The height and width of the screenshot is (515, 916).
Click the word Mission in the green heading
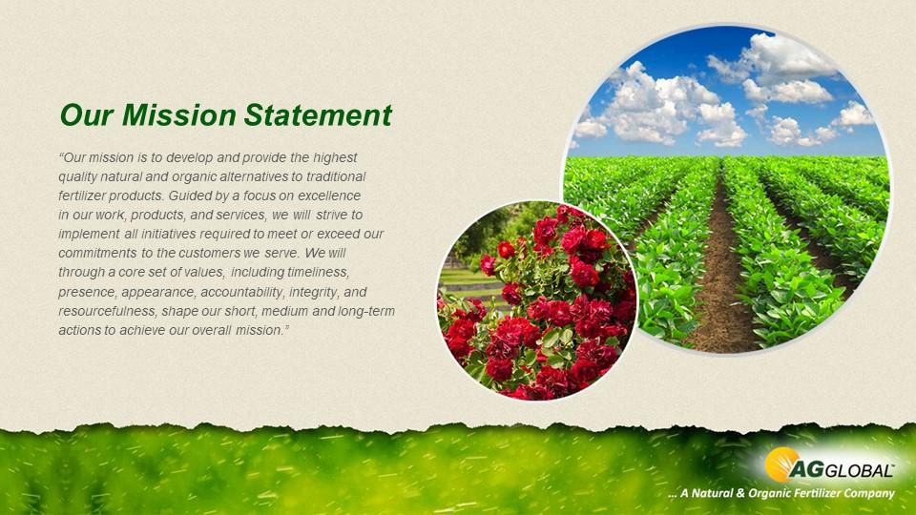point(171,115)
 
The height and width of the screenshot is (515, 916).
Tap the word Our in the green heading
point(83,115)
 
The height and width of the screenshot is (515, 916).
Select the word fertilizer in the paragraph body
point(83,196)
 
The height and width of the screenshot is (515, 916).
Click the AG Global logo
point(829,466)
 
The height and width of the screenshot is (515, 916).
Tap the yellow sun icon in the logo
point(781,463)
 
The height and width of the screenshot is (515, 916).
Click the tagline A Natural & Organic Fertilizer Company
point(781,493)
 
